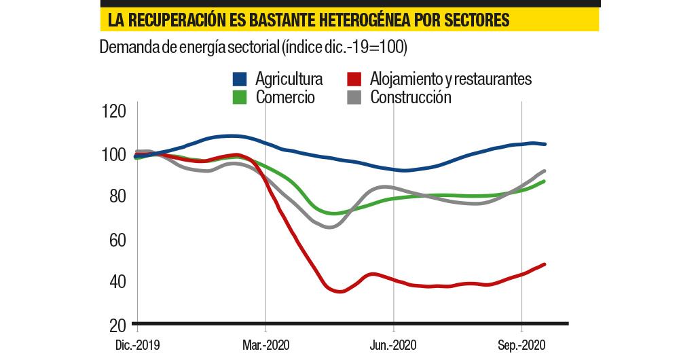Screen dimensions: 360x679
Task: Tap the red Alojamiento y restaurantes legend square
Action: [354, 79]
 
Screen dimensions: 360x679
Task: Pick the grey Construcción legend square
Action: [354, 97]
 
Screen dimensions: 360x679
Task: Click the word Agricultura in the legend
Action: [289, 79]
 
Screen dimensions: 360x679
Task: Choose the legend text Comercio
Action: [285, 97]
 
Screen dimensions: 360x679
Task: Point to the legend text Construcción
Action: [411, 97]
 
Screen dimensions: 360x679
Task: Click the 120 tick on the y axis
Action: [113, 111]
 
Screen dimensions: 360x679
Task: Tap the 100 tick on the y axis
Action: [113, 154]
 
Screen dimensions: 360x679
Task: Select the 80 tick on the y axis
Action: [113, 196]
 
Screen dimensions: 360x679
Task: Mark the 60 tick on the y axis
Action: [113, 239]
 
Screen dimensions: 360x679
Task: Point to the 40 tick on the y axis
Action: [113, 281]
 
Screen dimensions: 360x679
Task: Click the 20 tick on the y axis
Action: [113, 324]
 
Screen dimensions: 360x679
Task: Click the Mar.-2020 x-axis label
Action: [265, 344]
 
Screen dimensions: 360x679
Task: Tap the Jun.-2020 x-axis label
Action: [393, 344]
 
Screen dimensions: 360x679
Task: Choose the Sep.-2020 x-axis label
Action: [521, 344]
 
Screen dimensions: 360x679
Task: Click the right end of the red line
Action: [545, 264]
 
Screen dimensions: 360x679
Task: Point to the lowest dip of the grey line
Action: [330, 227]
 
